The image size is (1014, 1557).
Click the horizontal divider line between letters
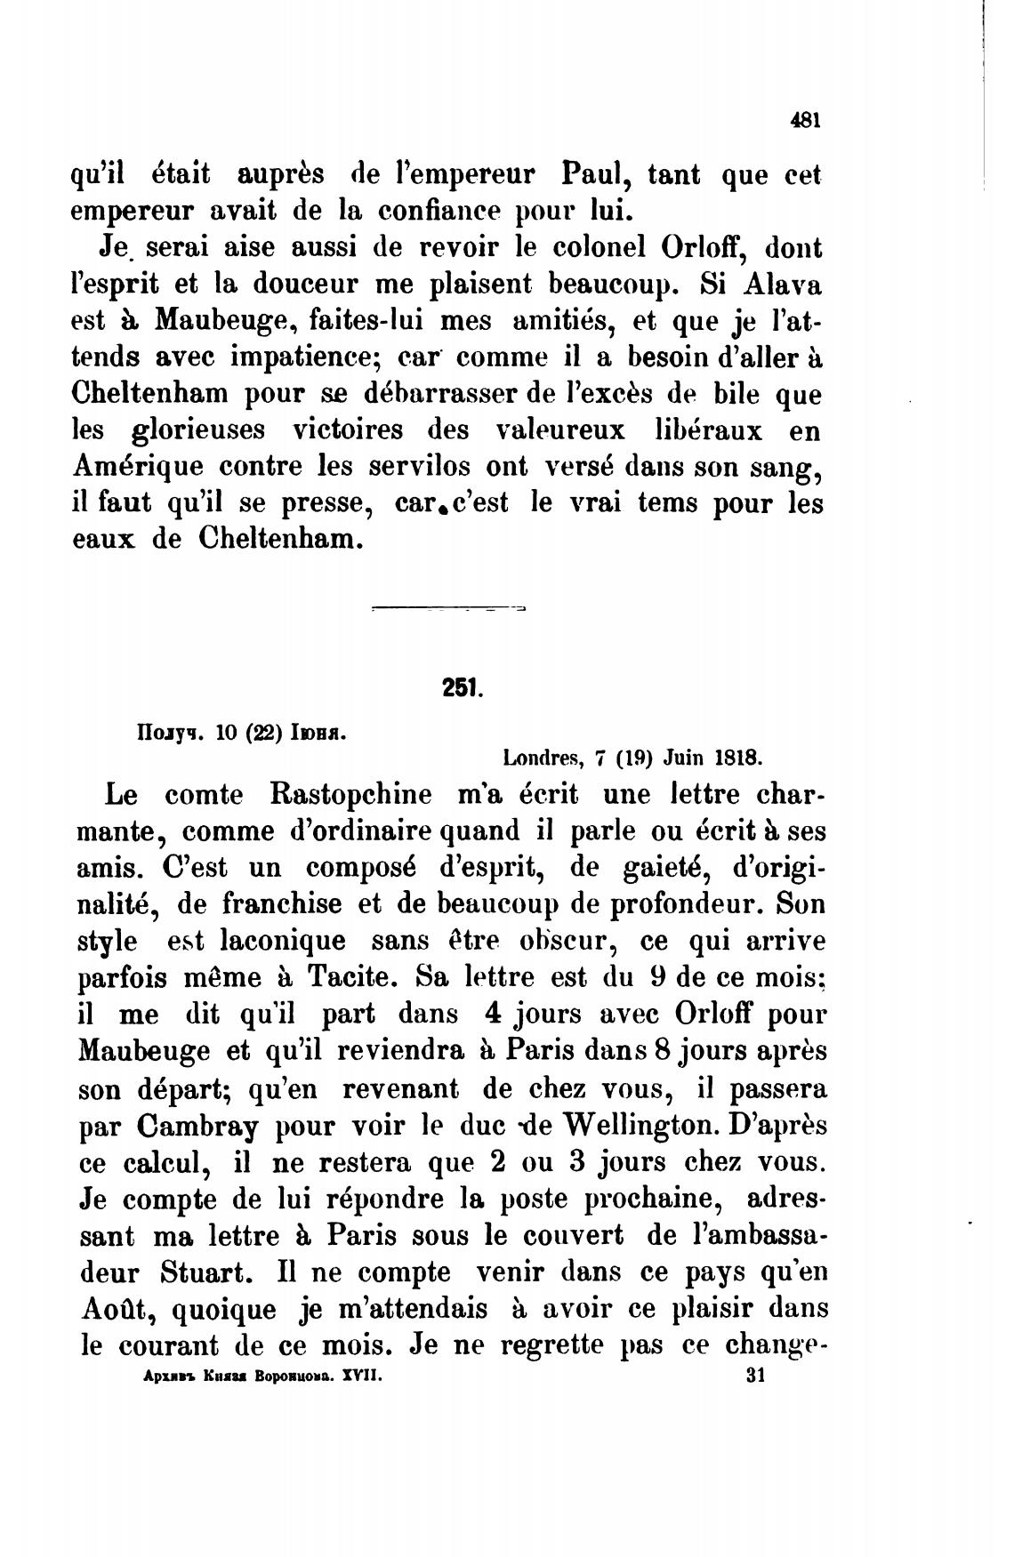pos(448,610)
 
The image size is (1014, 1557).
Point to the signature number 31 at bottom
pos(756,1376)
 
